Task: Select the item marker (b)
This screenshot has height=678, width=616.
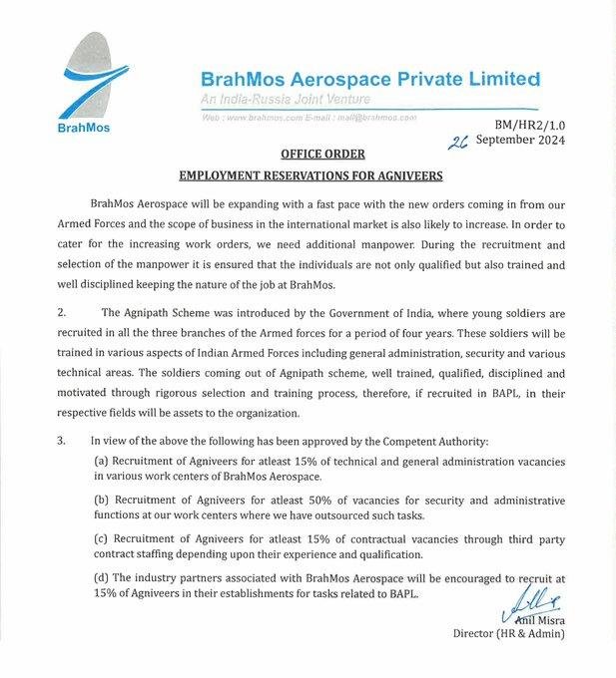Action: (102, 497)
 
